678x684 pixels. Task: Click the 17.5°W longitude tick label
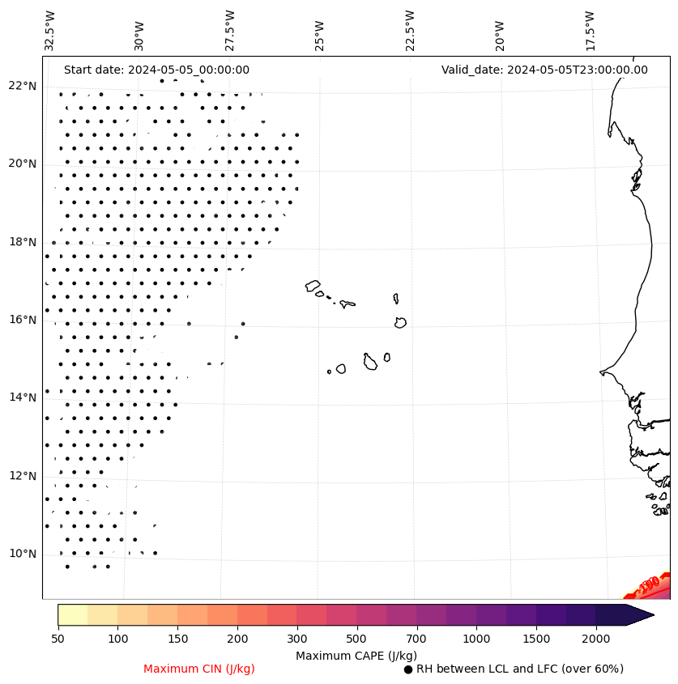point(590,30)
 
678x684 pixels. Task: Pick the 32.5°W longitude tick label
point(50,30)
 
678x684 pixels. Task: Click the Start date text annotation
point(156,70)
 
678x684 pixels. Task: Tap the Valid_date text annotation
point(544,70)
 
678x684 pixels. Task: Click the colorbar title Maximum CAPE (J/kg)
point(356,655)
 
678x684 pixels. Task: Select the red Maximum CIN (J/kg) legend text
point(199,669)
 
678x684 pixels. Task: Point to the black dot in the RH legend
point(408,669)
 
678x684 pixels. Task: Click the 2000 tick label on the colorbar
point(596,639)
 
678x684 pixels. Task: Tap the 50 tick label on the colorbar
point(58,639)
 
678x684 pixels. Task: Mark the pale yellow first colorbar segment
point(72,614)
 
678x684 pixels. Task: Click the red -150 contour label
point(648,584)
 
